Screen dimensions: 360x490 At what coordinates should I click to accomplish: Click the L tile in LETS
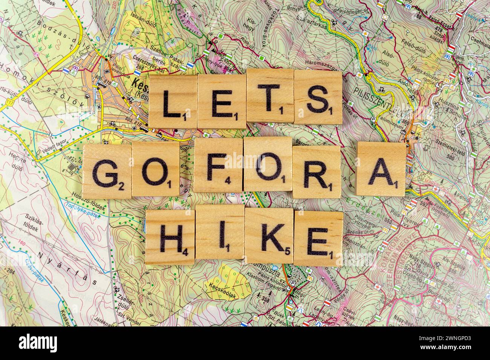[x=173, y=101]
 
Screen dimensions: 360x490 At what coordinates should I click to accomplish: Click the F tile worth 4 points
[x=218, y=166]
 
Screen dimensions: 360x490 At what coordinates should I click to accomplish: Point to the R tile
[x=316, y=172]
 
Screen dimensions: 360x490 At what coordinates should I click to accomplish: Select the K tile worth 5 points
[x=269, y=235]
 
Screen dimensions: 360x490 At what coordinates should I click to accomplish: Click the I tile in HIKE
[x=220, y=233]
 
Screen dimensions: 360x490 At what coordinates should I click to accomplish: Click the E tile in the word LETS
[x=221, y=101]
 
